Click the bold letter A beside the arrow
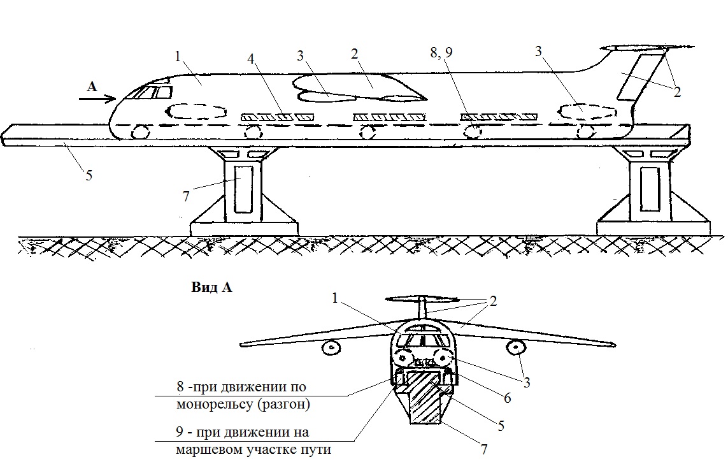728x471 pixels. pyautogui.click(x=92, y=87)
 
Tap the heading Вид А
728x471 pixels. pyautogui.click(x=211, y=287)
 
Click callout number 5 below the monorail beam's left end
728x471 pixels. pyautogui.click(x=89, y=175)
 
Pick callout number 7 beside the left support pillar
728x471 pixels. pyautogui.click(x=185, y=196)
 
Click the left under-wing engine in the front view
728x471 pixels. pyautogui.click(x=331, y=348)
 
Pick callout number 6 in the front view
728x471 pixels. pyautogui.click(x=506, y=397)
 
